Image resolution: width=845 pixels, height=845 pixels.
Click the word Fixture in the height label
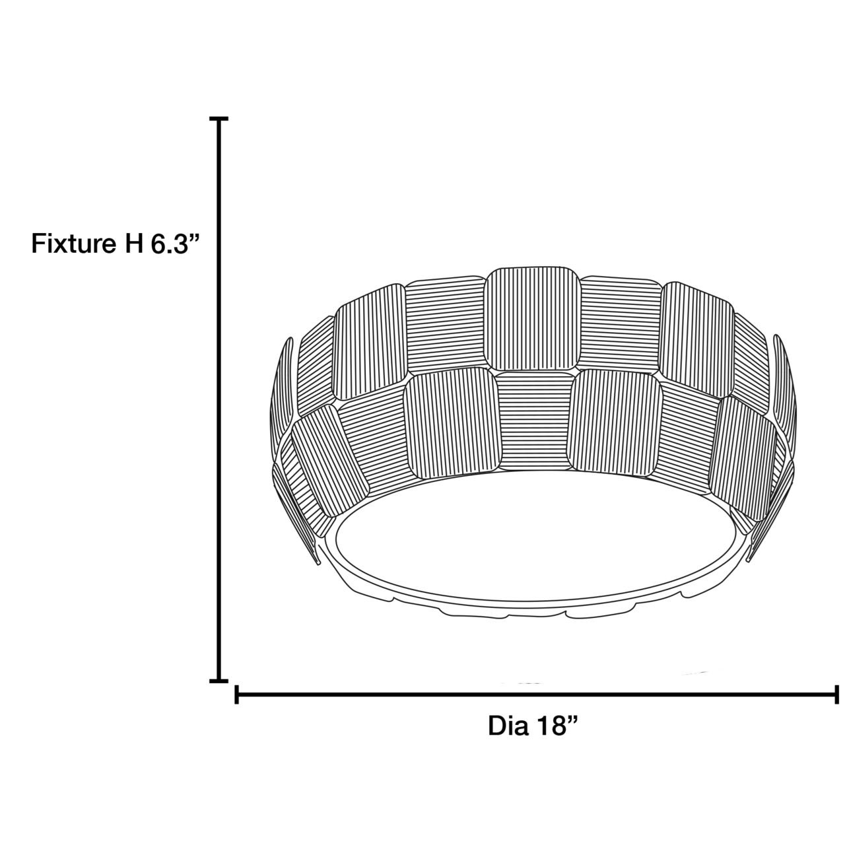pos(72,244)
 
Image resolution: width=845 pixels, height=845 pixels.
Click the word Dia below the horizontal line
pos(508,726)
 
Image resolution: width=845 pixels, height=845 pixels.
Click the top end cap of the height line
pos(219,119)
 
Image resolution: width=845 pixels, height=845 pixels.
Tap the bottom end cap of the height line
pos(219,680)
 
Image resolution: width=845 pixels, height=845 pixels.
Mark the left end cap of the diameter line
pos(236,694)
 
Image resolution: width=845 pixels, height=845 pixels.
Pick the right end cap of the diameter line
pos(837,694)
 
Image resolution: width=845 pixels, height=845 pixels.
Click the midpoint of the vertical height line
pos(219,400)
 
